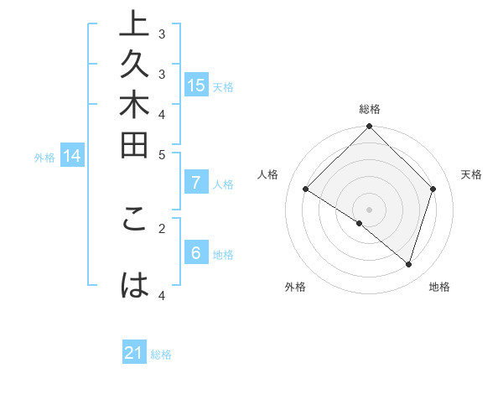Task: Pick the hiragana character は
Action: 135,286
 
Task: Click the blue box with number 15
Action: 196,85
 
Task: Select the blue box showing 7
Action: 196,182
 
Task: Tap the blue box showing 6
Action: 196,253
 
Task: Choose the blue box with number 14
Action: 73,155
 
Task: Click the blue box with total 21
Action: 134,353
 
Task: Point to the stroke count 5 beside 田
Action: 162,154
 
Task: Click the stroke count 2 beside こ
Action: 162,226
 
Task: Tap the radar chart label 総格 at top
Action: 370,109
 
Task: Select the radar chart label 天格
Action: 471,174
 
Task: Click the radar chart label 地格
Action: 439,287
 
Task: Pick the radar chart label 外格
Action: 295,287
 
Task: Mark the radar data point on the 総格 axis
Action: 370,127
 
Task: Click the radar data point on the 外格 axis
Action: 359,224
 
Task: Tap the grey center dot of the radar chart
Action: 370,209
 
